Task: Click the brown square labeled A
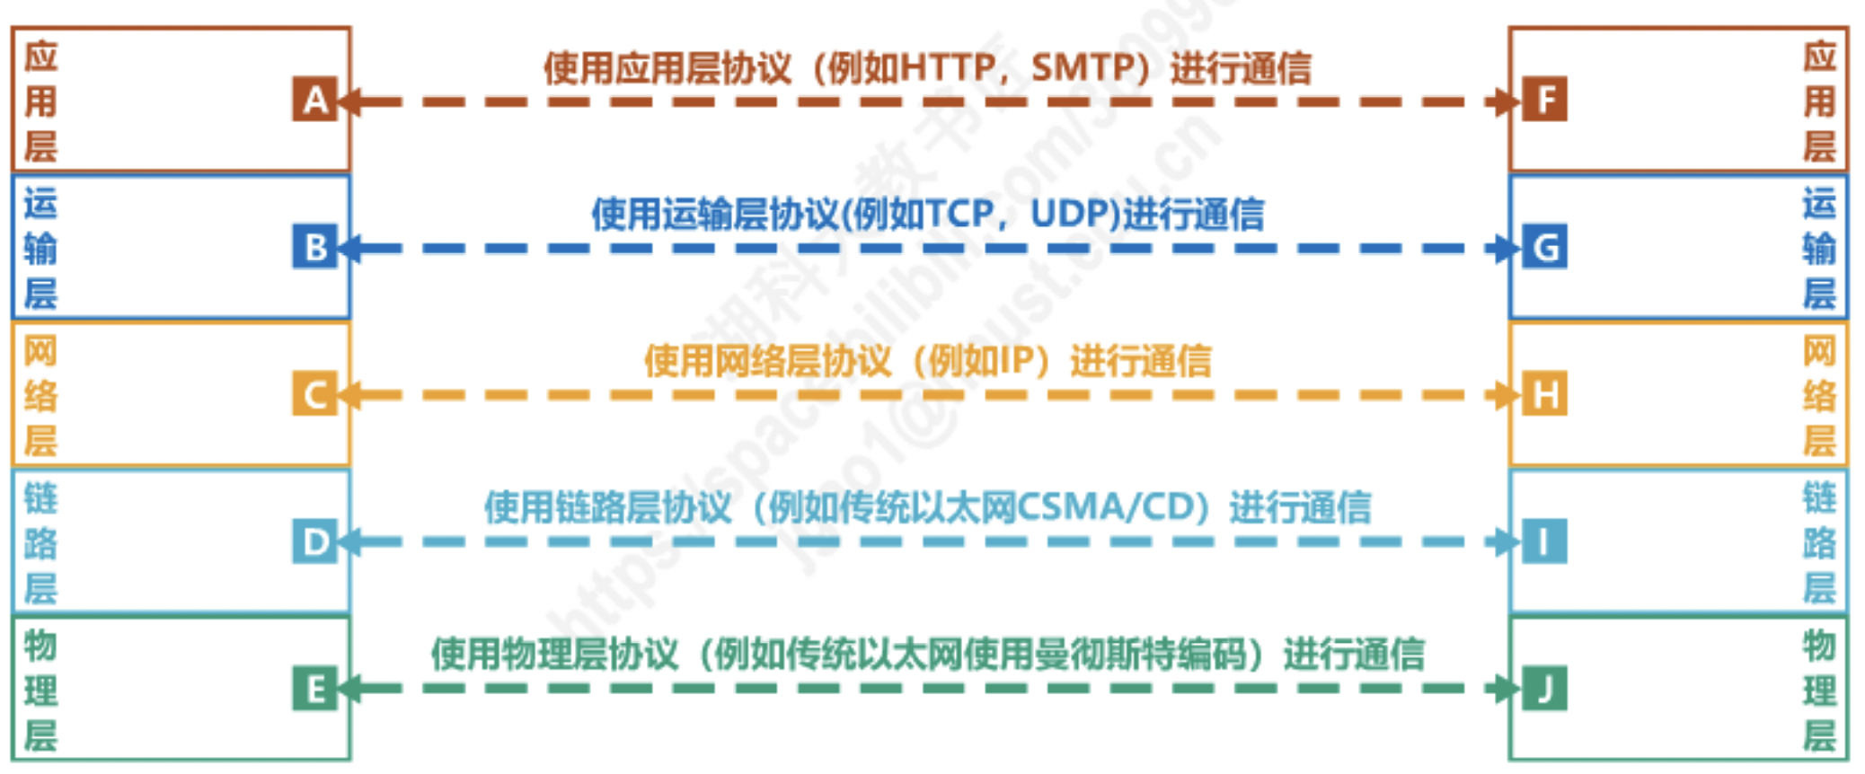[314, 100]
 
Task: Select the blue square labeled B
[314, 247]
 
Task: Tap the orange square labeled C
[314, 394]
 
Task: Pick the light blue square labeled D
[314, 541]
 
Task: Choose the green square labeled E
[314, 689]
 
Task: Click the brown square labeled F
[1544, 100]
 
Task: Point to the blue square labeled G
[1544, 247]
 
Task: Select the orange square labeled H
[1544, 394]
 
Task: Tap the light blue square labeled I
[1544, 541]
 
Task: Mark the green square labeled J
[1544, 689]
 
